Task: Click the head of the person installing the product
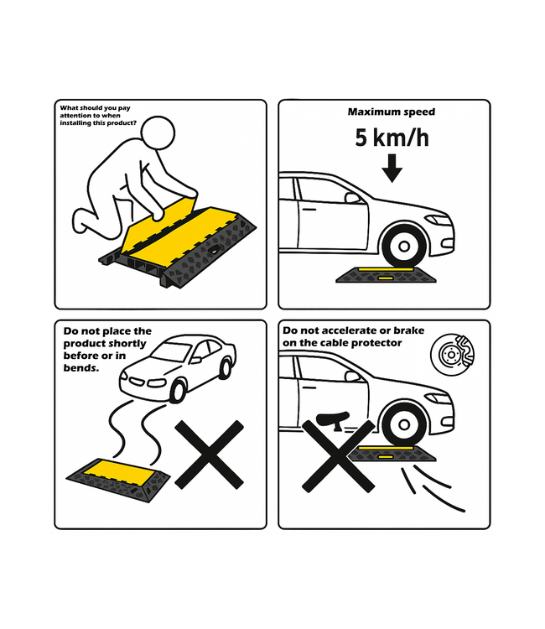tap(157, 132)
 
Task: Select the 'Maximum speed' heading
tap(391, 112)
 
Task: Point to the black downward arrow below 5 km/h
tap(391, 172)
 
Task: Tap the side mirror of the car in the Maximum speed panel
tap(353, 199)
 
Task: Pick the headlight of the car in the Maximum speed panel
tap(438, 221)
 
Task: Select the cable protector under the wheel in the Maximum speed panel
tap(385, 273)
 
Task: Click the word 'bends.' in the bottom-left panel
tap(82, 366)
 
